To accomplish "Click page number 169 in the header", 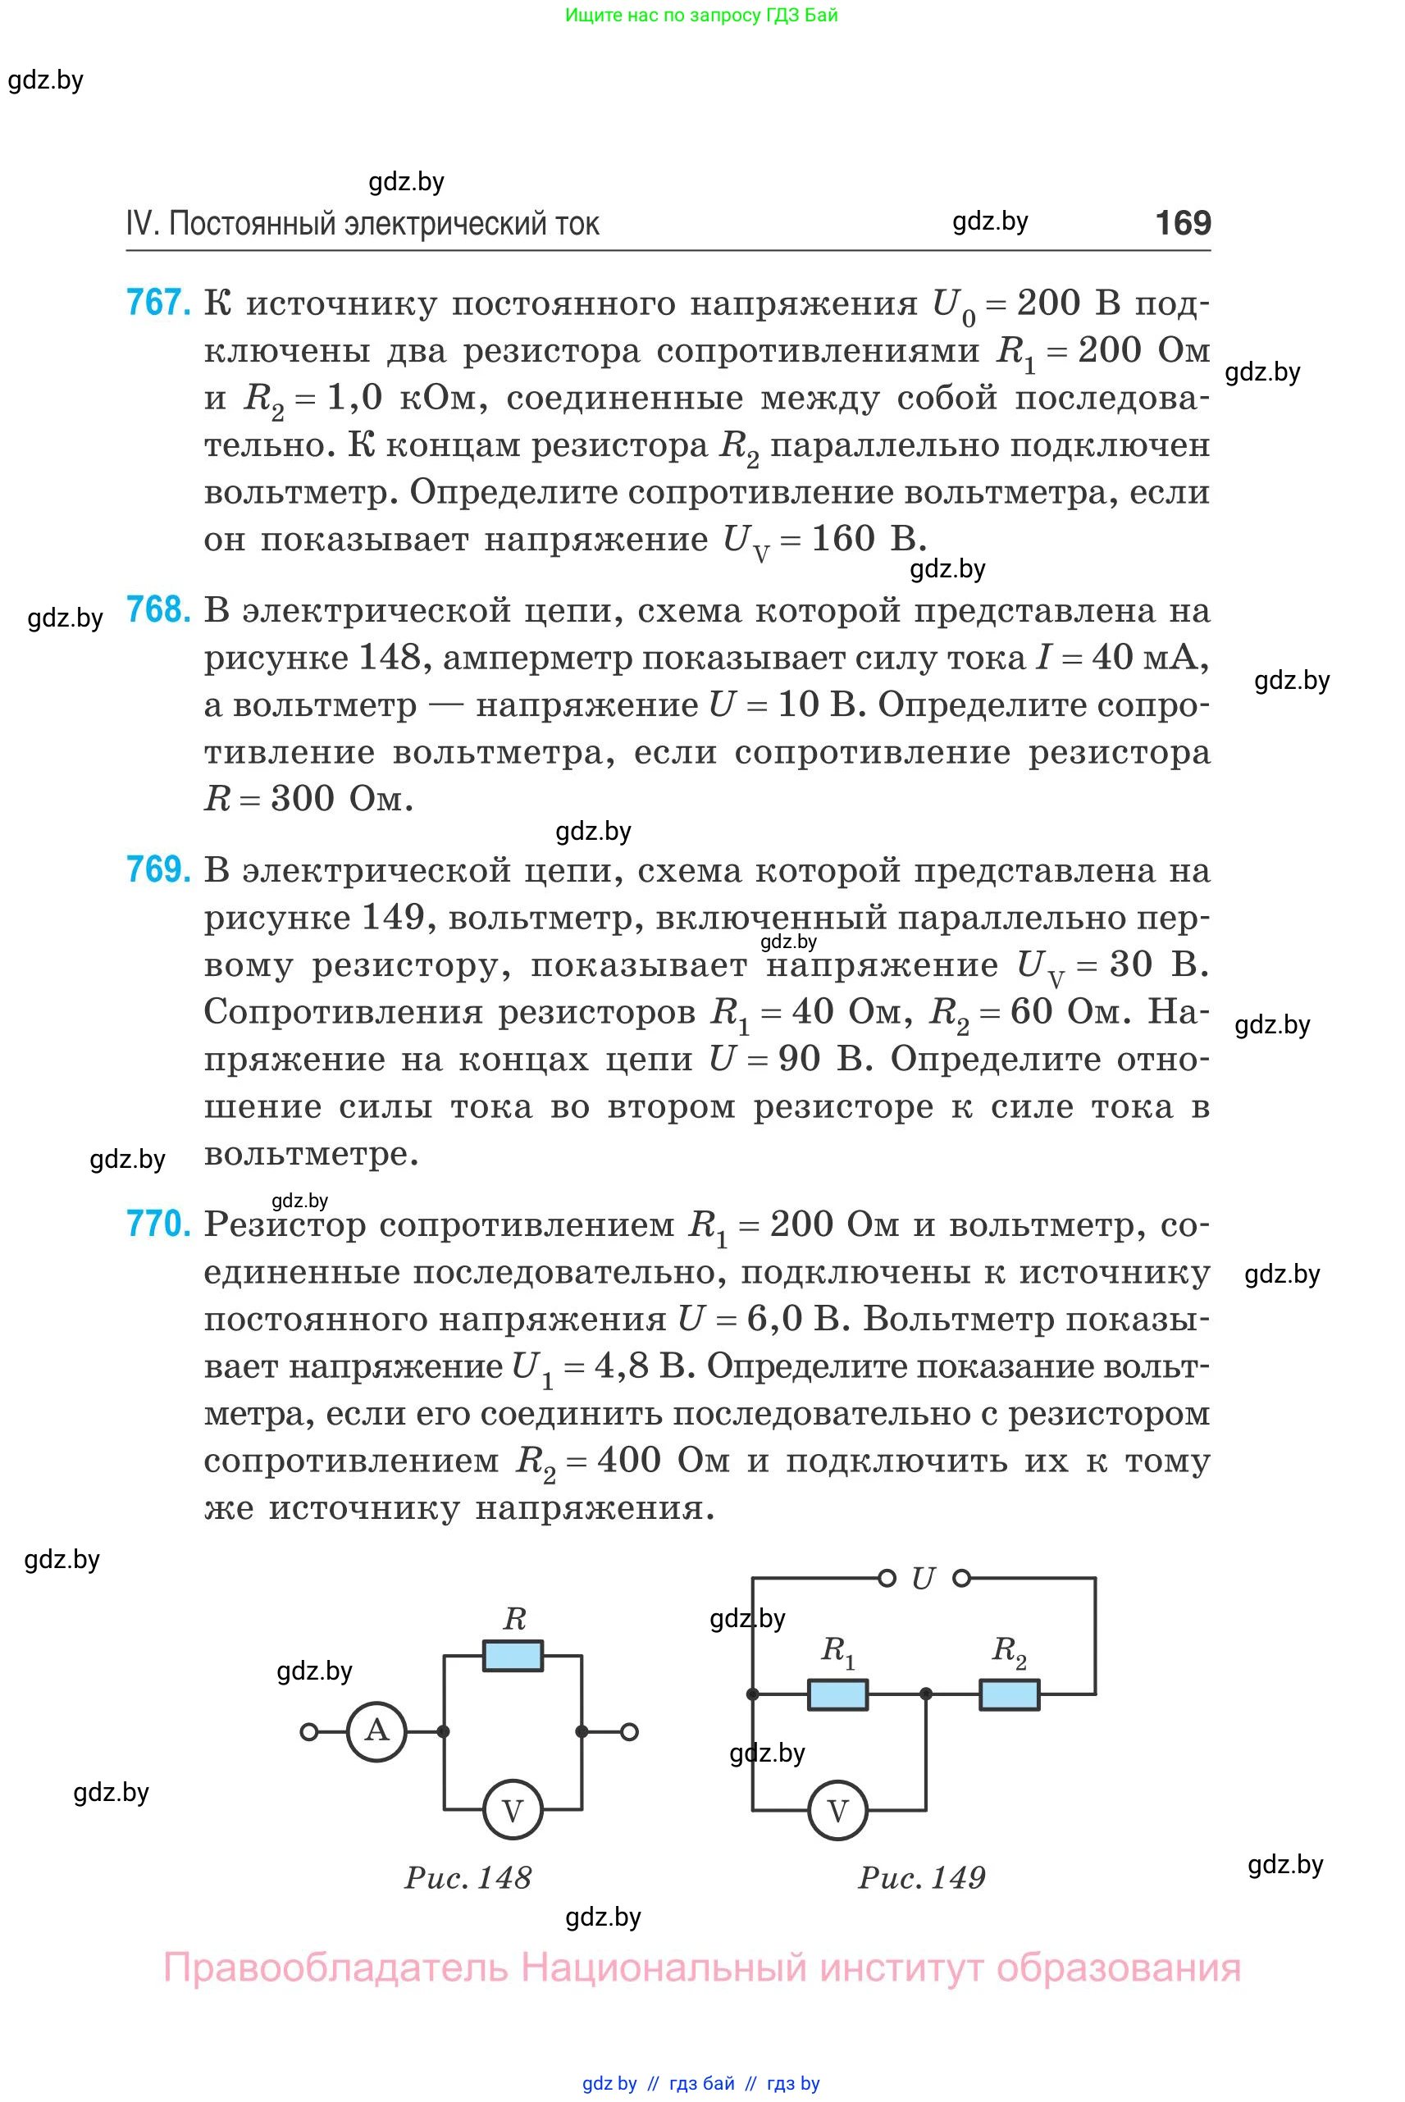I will [x=1183, y=222].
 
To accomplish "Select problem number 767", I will [x=157, y=303].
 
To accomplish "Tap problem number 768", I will [x=157, y=610].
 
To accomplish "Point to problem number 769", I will [x=157, y=870].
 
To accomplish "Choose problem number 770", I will [x=157, y=1224].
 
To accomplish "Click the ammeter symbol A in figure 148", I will [x=377, y=1732].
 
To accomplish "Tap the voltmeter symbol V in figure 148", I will [x=513, y=1811].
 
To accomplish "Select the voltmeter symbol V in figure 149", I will [x=837, y=1811].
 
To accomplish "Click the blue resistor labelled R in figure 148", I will [x=513, y=1656].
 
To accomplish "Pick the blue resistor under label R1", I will [x=837, y=1694].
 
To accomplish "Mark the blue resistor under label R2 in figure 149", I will [x=1009, y=1694].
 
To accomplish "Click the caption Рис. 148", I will [x=468, y=1878].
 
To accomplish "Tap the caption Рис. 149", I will [x=921, y=1878].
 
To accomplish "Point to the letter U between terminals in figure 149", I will [x=923, y=1579].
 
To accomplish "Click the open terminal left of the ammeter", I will [x=309, y=1732].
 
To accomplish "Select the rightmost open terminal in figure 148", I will [x=629, y=1732].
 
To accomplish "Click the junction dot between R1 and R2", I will [x=926, y=1694].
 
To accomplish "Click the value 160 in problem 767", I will [x=842, y=539].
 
